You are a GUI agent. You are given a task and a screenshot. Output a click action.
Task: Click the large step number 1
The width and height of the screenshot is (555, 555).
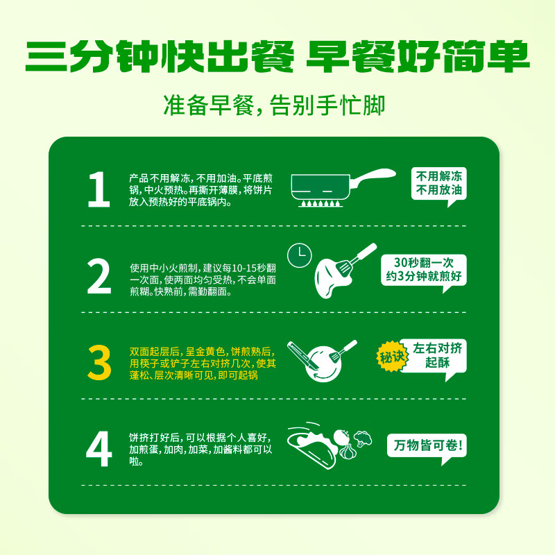tap(99, 189)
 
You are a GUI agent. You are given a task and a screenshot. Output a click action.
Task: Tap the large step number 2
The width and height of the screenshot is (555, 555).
tap(99, 276)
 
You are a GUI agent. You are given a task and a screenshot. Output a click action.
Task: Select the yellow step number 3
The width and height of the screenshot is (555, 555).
tap(99, 362)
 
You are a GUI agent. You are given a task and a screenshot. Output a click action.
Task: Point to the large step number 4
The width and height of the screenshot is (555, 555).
tap(99, 449)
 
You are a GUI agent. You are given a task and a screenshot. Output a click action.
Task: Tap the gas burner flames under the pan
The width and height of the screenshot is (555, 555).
tap(321, 203)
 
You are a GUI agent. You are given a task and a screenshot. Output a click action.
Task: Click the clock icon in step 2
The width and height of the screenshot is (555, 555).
tap(300, 255)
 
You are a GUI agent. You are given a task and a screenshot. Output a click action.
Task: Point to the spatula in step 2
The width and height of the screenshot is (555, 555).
tap(356, 259)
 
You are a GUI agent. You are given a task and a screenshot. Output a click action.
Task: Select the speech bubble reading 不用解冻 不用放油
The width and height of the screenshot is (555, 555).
tap(439, 184)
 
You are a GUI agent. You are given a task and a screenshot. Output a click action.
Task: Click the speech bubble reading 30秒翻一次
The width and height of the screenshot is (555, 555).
tap(424, 270)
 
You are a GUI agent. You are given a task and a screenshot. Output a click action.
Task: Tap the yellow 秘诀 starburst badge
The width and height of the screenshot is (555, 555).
tap(391, 357)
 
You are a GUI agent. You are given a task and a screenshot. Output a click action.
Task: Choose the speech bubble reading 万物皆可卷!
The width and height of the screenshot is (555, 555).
tap(427, 446)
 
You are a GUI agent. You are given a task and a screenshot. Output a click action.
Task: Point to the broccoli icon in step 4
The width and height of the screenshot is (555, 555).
tap(363, 438)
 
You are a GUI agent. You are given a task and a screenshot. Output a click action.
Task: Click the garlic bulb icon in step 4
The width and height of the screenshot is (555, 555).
tap(347, 452)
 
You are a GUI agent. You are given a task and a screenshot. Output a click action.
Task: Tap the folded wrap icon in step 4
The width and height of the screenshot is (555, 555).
tap(312, 447)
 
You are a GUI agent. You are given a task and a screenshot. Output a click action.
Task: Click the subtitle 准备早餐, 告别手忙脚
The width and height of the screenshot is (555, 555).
tap(274, 105)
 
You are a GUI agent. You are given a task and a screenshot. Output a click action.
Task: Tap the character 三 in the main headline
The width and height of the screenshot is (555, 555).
tap(46, 57)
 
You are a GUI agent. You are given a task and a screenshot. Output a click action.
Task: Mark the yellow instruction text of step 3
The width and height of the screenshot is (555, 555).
tap(203, 363)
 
